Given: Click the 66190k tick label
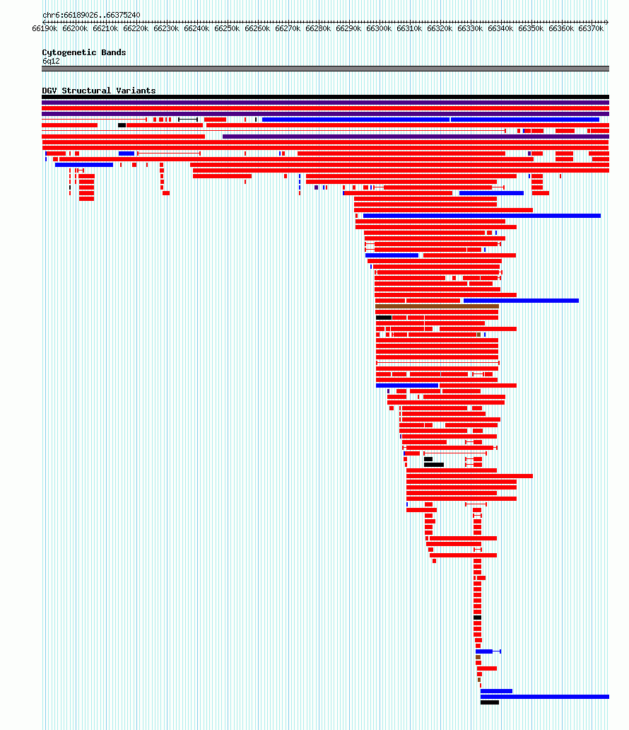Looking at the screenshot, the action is [45, 29].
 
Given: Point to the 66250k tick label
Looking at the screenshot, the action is [227, 29].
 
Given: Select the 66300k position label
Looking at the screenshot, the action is [379, 29].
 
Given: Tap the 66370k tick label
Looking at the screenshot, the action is [591, 29].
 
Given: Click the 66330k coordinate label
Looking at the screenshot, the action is [470, 29].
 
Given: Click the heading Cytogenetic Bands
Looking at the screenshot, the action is [83, 52].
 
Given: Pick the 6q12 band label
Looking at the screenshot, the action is [51, 61].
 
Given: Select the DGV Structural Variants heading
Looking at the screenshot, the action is [99, 91].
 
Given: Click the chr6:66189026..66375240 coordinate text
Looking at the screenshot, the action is [91, 15].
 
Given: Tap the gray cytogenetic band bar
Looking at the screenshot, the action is [325, 69].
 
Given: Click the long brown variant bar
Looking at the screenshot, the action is [437, 306].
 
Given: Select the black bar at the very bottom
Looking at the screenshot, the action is [490, 702].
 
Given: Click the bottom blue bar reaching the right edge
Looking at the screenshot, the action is [545, 697].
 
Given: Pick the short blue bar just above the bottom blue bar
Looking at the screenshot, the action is [496, 691].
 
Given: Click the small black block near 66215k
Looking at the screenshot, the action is [122, 125].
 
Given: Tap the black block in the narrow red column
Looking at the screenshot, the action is [477, 618].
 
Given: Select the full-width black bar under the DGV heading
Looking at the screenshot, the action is [325, 97].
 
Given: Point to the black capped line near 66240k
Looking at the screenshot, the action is [188, 120].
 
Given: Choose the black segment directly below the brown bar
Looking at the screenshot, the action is [384, 318].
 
